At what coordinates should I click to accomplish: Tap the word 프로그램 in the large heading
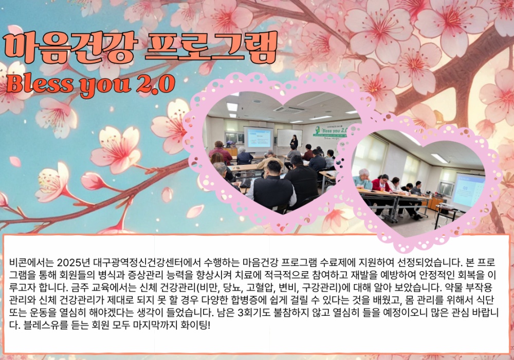click(211, 47)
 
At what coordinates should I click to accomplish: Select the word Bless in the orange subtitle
click(40, 84)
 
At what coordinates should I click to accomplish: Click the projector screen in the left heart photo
click(259, 139)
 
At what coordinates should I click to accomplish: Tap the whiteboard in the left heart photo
click(289, 138)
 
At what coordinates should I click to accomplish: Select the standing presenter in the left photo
click(294, 142)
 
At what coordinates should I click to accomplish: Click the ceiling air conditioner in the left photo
click(289, 109)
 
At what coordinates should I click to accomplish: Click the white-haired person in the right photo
click(362, 179)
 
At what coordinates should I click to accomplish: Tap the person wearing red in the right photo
click(381, 183)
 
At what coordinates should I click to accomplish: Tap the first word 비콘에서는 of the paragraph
click(31, 262)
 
